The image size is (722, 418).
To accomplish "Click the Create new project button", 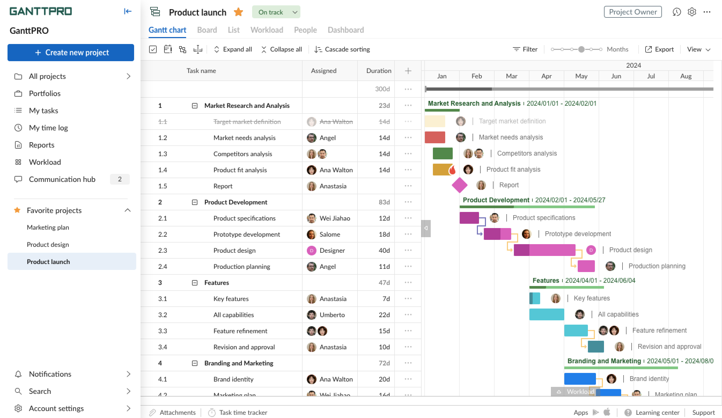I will click(71, 53).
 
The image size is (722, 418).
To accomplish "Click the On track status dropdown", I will click(276, 12).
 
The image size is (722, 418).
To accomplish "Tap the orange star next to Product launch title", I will click(238, 12).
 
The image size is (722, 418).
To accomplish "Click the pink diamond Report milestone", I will click(459, 185).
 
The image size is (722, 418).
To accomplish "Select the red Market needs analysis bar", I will click(435, 137).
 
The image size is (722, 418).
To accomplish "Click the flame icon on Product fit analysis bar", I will click(452, 170).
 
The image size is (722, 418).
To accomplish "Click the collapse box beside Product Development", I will click(194, 202).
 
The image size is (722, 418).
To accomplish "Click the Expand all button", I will click(233, 49).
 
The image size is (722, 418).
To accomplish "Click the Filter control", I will click(525, 49).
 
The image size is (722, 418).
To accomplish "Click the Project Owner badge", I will click(632, 12).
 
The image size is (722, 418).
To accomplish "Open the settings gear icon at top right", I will click(692, 12).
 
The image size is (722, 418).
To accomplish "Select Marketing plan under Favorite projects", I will click(48, 227).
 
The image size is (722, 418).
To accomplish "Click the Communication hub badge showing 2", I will click(120, 179).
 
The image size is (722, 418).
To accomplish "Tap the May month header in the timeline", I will click(581, 76).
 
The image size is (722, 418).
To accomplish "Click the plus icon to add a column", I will click(408, 71).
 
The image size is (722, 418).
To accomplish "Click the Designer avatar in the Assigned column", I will click(311, 250).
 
